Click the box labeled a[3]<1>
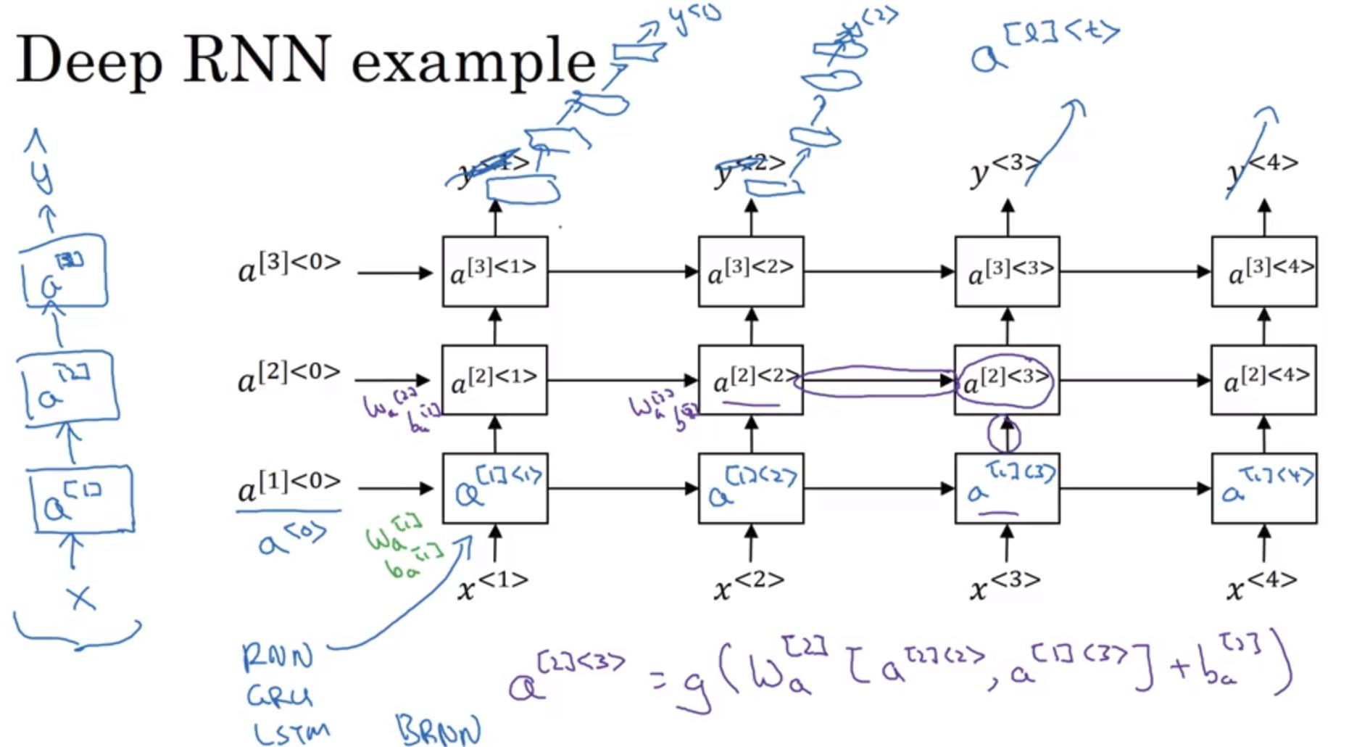[495, 271]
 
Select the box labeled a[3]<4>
[1263, 271]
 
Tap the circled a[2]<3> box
[1006, 380]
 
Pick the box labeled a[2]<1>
[495, 380]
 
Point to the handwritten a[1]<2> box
[751, 488]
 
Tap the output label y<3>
[1005, 170]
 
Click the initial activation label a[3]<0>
[289, 267]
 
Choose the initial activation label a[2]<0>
[289, 376]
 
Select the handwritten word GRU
[280, 696]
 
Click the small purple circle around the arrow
[1004, 434]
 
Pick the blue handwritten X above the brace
[80, 598]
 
